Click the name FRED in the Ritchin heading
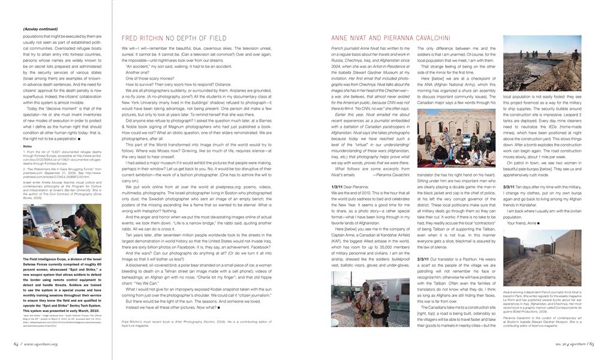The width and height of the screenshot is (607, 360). click(x=130, y=37)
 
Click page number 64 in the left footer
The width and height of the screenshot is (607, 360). click(x=16, y=344)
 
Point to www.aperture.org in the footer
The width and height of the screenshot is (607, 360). click(x=43, y=344)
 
